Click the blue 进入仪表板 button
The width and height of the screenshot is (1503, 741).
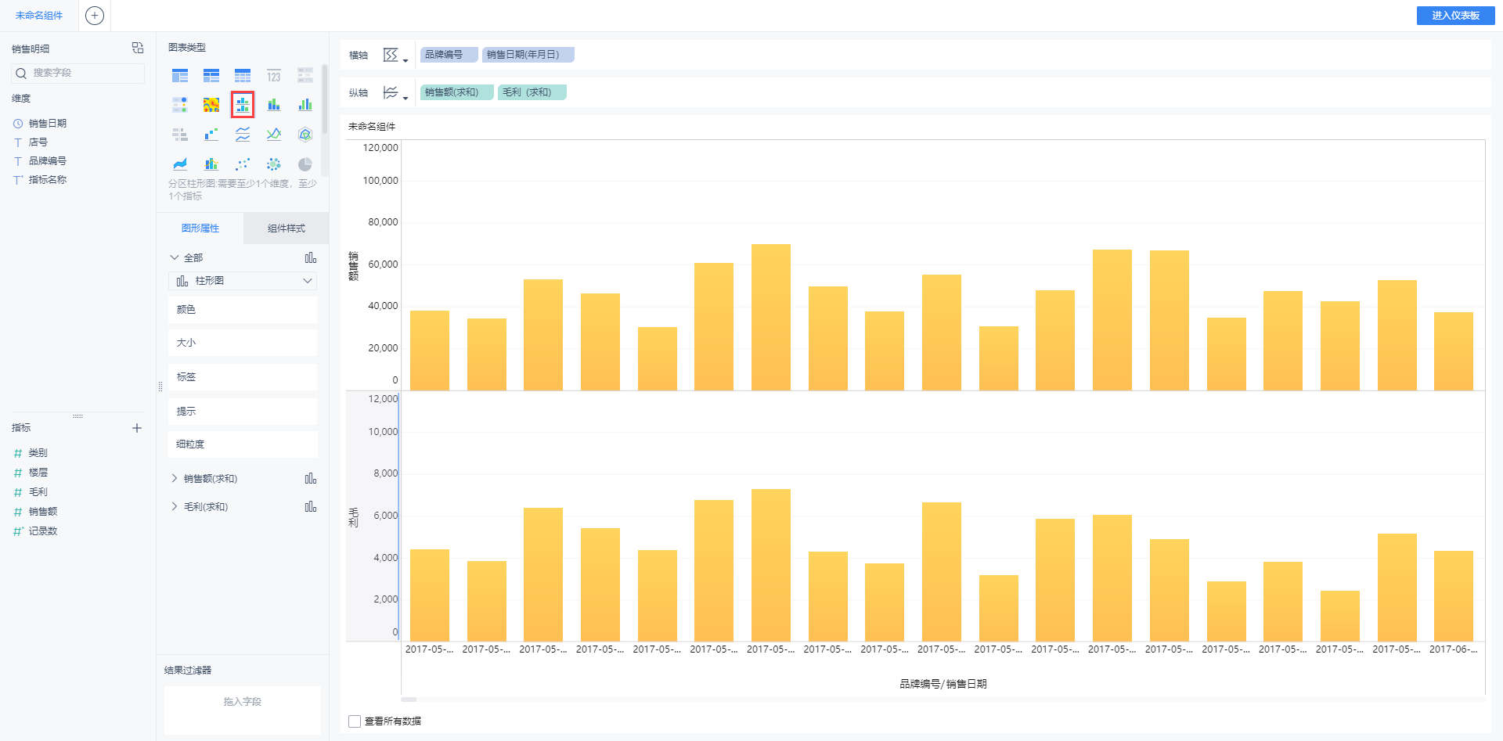pos(1455,16)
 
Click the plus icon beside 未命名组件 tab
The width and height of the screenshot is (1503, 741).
pos(95,16)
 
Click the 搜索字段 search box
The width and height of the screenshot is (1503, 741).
pos(78,73)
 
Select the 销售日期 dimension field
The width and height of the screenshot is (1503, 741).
pos(47,124)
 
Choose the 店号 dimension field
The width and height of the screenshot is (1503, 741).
pos(38,142)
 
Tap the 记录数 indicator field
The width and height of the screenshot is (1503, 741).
pos(43,531)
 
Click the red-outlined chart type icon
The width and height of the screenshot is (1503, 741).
pos(243,105)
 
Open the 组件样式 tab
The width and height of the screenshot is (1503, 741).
pos(286,228)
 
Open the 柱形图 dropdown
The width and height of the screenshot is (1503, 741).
pos(243,281)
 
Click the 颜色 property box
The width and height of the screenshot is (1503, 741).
pos(243,310)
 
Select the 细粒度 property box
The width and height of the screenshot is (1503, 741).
pos(243,444)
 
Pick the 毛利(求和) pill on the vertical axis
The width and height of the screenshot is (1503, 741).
pos(532,92)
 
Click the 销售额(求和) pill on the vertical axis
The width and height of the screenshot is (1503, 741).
pos(456,92)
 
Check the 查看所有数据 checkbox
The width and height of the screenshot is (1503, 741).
pos(355,721)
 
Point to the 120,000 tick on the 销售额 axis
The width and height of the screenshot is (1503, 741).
pos(380,148)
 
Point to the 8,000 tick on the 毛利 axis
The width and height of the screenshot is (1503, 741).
pos(385,473)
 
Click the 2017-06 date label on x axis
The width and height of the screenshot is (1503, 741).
pos(1453,649)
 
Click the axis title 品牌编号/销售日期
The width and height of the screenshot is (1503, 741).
pos(943,684)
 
